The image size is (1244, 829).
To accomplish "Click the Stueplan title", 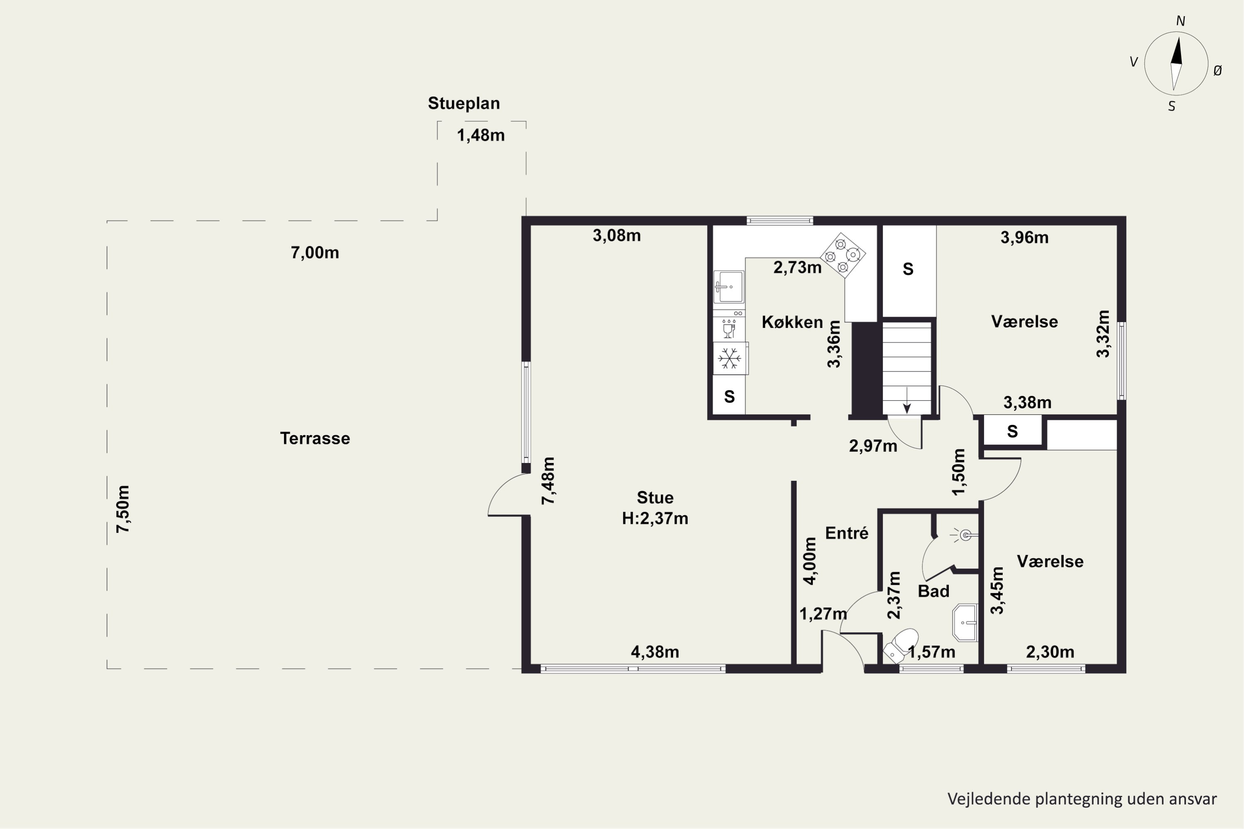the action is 464,104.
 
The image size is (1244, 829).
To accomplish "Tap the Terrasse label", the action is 315,438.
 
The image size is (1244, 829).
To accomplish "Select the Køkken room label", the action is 792,322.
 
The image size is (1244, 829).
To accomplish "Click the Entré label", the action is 847,533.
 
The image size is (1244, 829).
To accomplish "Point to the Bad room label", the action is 933,591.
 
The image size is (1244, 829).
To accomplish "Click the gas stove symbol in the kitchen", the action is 843,255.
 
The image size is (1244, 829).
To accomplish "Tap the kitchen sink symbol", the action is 729,287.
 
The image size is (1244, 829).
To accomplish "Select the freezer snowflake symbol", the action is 729,359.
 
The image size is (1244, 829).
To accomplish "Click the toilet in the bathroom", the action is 900,645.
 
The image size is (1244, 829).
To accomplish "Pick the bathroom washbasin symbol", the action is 965,623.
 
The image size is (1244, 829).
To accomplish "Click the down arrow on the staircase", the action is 906,400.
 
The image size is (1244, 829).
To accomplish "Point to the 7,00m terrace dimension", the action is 315,253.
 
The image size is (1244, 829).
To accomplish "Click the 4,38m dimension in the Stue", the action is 655,652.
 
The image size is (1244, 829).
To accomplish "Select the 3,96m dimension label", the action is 1025,238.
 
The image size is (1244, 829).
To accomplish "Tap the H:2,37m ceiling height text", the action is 655,518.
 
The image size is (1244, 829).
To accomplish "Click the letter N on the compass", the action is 1181,21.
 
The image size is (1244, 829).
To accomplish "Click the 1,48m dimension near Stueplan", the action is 481,136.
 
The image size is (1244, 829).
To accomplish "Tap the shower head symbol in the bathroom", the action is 964,536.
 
